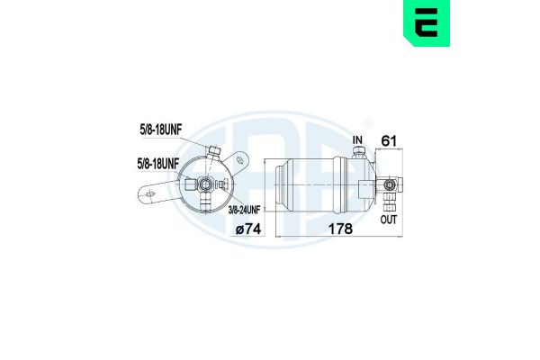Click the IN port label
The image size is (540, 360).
click(357, 140)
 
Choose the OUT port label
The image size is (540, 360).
click(389, 219)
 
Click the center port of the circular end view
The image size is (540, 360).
click(206, 184)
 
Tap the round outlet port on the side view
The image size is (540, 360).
click(390, 185)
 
